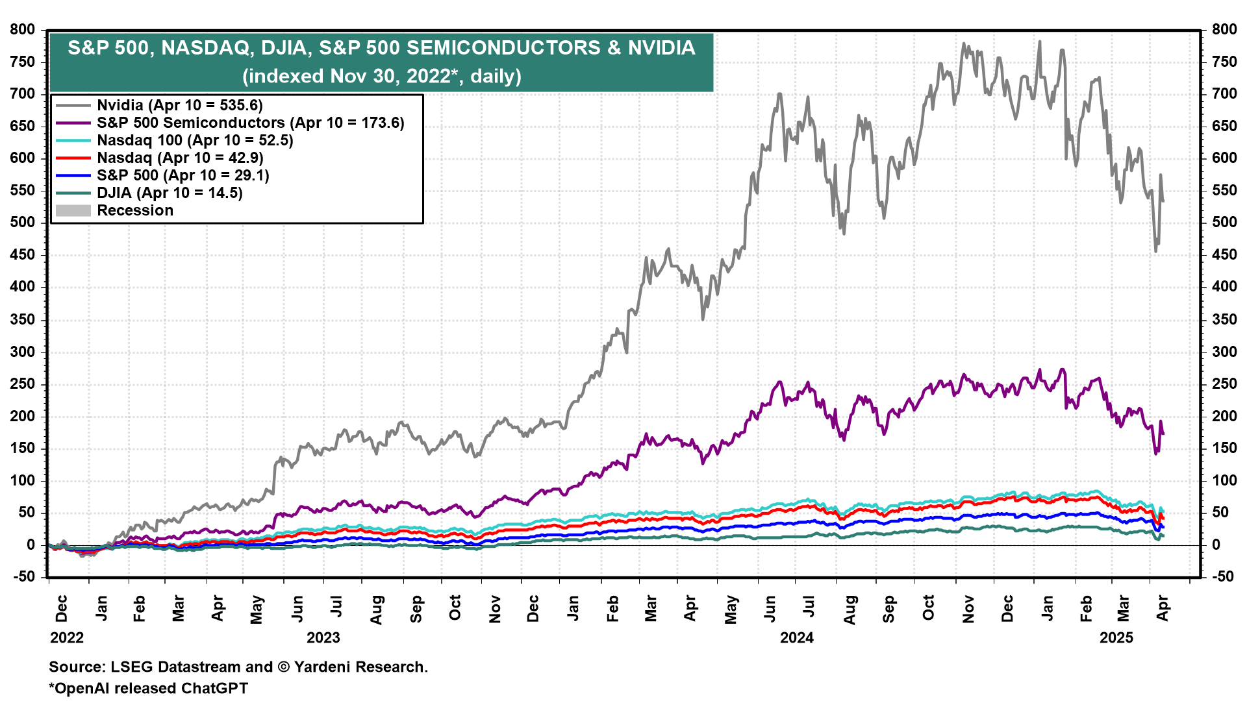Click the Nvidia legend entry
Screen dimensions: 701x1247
coord(179,105)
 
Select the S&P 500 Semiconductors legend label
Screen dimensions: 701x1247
coord(250,123)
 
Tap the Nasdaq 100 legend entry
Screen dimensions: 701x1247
coord(195,140)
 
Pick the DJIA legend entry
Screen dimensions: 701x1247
coord(170,193)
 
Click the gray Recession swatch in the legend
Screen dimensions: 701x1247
coord(73,210)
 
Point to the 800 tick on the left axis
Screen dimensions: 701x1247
coord(23,30)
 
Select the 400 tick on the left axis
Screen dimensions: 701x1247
coord(23,287)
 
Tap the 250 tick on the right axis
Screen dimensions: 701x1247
coord(1224,384)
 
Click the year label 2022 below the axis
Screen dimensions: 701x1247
coord(67,637)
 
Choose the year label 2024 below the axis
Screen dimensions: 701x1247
coord(797,637)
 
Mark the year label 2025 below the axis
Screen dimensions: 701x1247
coord(1116,637)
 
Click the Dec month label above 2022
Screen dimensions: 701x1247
coord(61,608)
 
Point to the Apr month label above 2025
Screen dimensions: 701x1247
coord(1163,608)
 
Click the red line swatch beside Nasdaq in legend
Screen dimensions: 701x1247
coord(73,158)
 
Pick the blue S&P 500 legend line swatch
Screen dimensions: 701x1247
coord(73,175)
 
